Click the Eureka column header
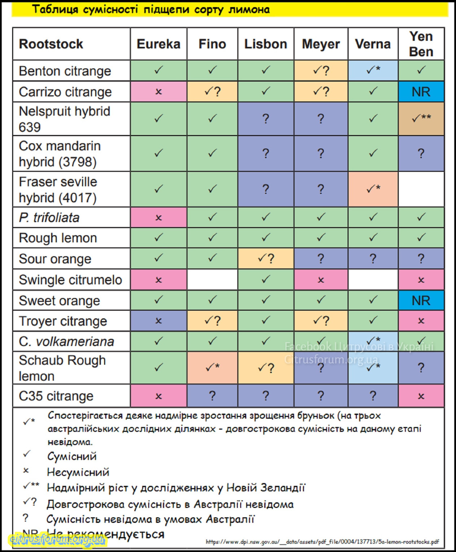coord(158,44)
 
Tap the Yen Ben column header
coord(421,44)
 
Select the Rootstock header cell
coord(51,44)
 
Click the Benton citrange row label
coord(65,71)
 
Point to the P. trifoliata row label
coord(49,218)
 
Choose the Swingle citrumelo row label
coord(70,280)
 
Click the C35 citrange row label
coord(56,396)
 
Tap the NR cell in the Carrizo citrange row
coord(421,92)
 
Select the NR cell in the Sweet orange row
coord(421,301)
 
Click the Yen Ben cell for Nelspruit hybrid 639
coord(421,118)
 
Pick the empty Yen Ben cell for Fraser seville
coord(421,189)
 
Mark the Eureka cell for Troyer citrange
coord(158,321)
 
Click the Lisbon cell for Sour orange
coord(266,258)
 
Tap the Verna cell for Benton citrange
coord(373,70)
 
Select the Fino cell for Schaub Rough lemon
coord(212,368)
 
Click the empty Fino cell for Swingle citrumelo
coord(212,280)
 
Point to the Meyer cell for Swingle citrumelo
coord(321,280)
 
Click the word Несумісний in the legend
coord(78,472)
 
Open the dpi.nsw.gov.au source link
coord(322,542)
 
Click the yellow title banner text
coord(151,9)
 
